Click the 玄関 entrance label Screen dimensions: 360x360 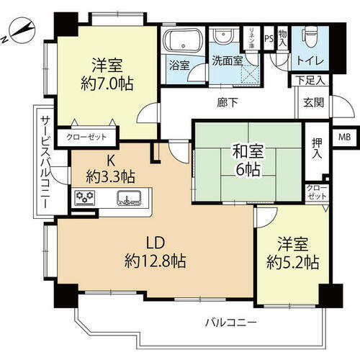[314, 102]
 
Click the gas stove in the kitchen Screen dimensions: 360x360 [85, 198]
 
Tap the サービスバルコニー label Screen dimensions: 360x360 [45, 162]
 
